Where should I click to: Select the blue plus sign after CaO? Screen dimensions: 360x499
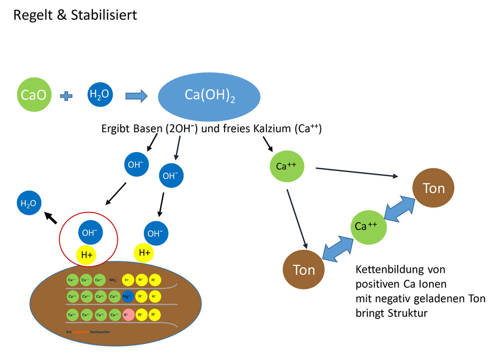pos(66,94)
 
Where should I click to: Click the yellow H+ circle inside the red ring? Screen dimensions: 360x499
pos(87,255)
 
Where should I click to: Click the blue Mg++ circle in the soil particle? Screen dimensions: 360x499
pos(128,297)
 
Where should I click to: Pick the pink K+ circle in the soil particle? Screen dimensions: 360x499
pos(128,315)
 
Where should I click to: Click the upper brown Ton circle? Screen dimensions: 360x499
pos(433,189)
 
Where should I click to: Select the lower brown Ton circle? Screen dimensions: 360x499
pos(303,270)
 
